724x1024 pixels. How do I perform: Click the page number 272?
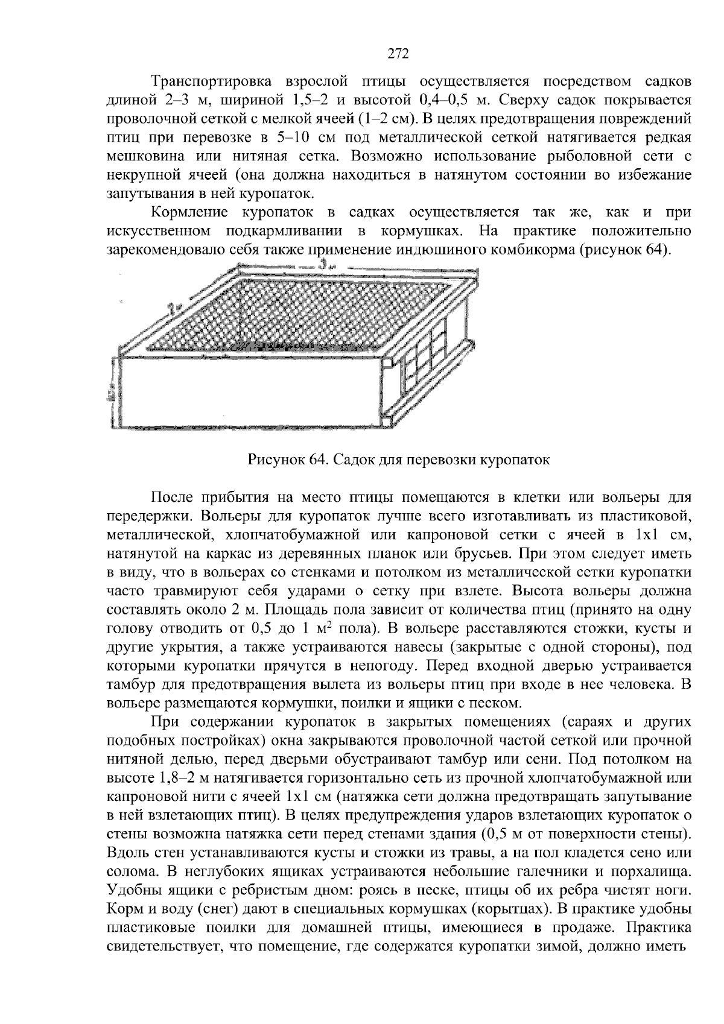tap(398, 54)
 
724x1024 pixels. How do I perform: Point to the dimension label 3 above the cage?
tap(324, 264)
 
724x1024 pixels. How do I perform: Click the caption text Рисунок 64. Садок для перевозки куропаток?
tap(399, 460)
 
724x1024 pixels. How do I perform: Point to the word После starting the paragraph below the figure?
tap(172, 498)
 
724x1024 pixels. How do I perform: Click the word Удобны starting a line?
tap(130, 890)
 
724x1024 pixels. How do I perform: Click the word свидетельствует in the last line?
tap(170, 946)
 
